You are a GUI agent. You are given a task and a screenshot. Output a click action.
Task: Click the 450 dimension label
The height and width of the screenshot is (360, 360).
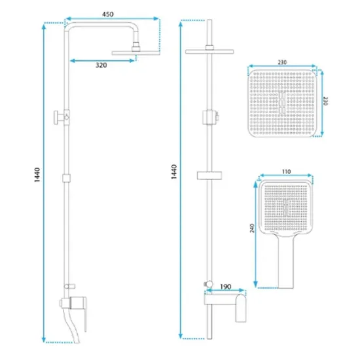click(x=108, y=14)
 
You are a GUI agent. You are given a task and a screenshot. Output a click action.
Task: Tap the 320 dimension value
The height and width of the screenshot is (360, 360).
click(x=101, y=65)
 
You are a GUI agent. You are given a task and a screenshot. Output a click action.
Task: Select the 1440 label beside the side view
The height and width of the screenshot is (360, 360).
click(x=37, y=175)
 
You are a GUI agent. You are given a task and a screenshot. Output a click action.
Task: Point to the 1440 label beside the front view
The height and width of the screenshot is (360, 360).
click(x=174, y=171)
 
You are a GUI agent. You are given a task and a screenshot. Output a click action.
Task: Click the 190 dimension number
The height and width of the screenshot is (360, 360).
click(x=225, y=287)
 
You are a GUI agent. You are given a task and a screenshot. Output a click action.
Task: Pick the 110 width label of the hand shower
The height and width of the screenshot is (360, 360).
click(x=286, y=171)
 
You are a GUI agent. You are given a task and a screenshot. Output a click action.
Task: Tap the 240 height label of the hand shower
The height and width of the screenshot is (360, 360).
click(x=252, y=228)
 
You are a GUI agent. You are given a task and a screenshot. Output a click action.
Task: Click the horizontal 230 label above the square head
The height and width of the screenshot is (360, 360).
click(x=282, y=62)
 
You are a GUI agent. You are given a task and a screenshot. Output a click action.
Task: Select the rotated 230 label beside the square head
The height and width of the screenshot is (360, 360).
click(x=325, y=101)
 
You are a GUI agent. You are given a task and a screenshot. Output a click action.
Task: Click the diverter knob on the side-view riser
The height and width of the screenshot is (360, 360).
click(x=58, y=117)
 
